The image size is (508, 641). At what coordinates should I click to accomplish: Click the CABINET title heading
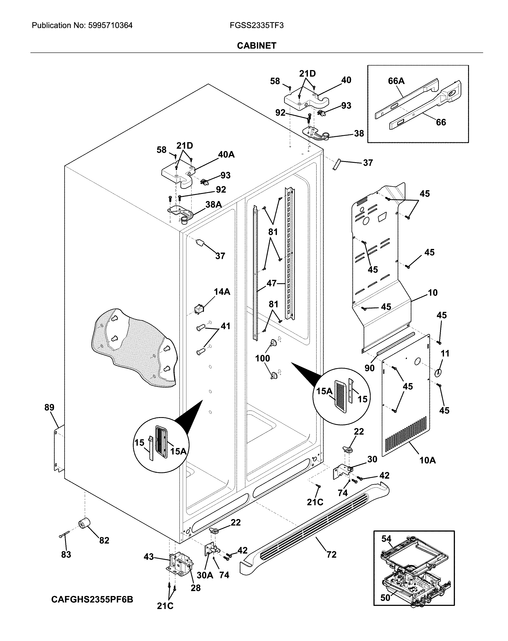pyautogui.click(x=256, y=45)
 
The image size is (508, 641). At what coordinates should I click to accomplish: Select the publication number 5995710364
pyautogui.click(x=110, y=25)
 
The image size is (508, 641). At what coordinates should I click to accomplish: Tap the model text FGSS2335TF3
pyautogui.click(x=256, y=25)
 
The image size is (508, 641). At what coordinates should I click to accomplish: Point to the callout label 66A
pyautogui.click(x=396, y=81)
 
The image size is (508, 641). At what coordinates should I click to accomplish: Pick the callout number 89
pyautogui.click(x=49, y=407)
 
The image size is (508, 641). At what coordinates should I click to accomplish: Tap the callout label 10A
pyautogui.click(x=427, y=460)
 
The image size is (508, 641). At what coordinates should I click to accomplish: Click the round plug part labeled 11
pyautogui.click(x=438, y=373)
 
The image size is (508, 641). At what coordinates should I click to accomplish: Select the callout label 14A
pyautogui.click(x=222, y=292)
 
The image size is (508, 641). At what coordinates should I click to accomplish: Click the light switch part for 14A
pyautogui.click(x=198, y=309)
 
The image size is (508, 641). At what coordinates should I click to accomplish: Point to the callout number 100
pyautogui.click(x=262, y=358)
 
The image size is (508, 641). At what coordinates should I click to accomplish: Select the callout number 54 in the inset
pyautogui.click(x=386, y=538)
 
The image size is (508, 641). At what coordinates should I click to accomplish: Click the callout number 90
pyautogui.click(x=369, y=368)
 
